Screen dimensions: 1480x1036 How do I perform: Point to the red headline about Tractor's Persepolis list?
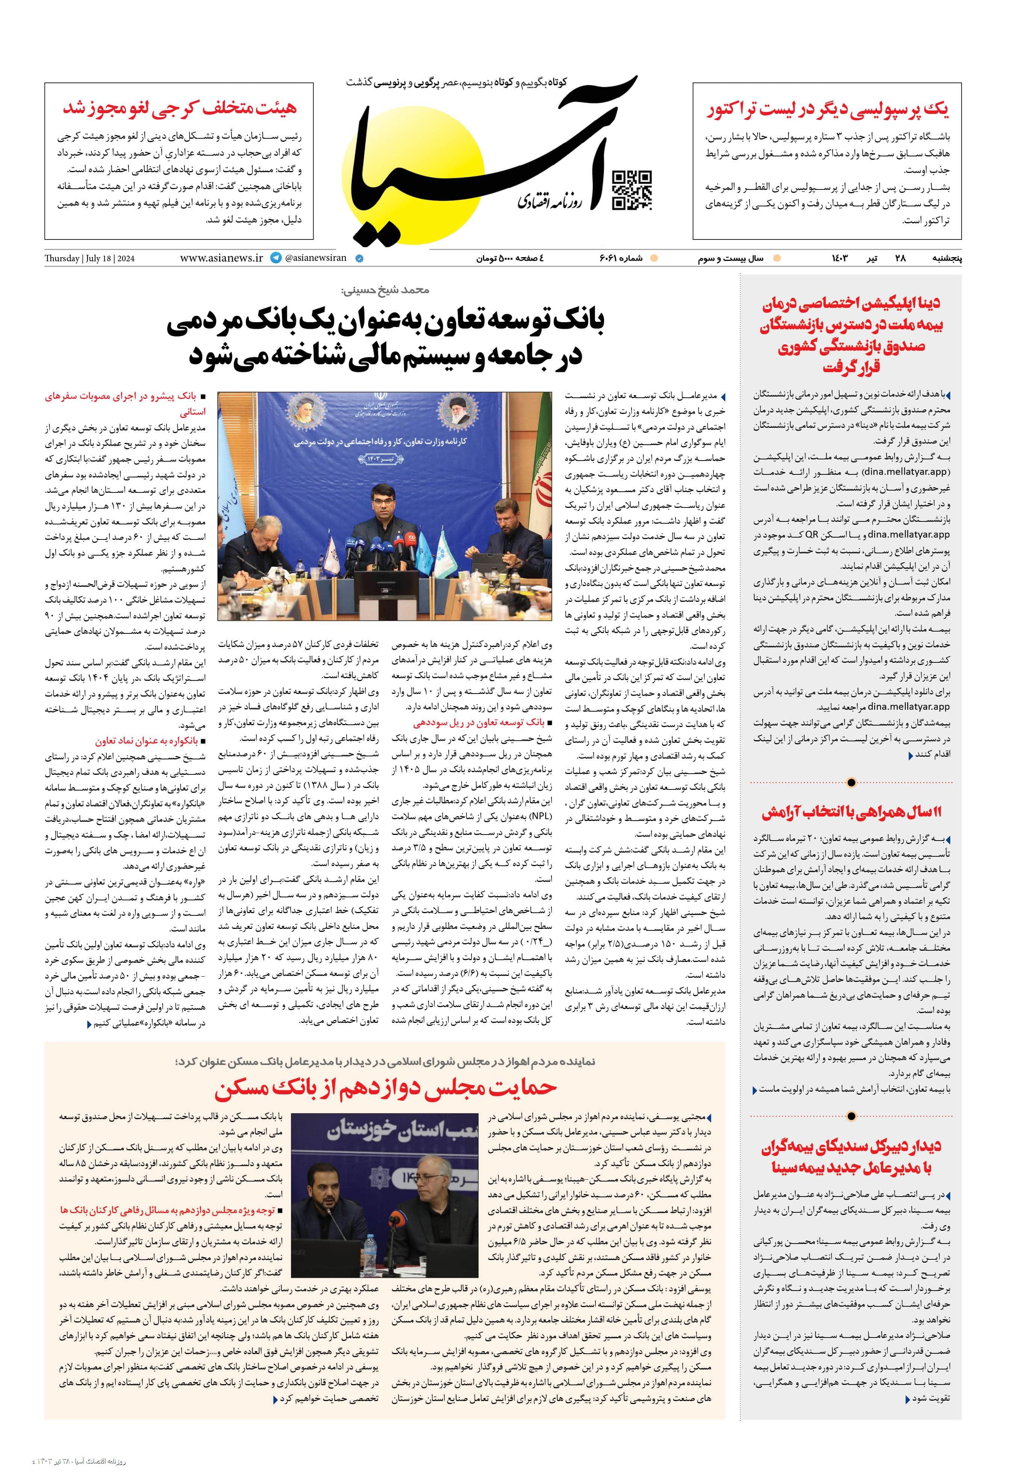click(827, 110)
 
